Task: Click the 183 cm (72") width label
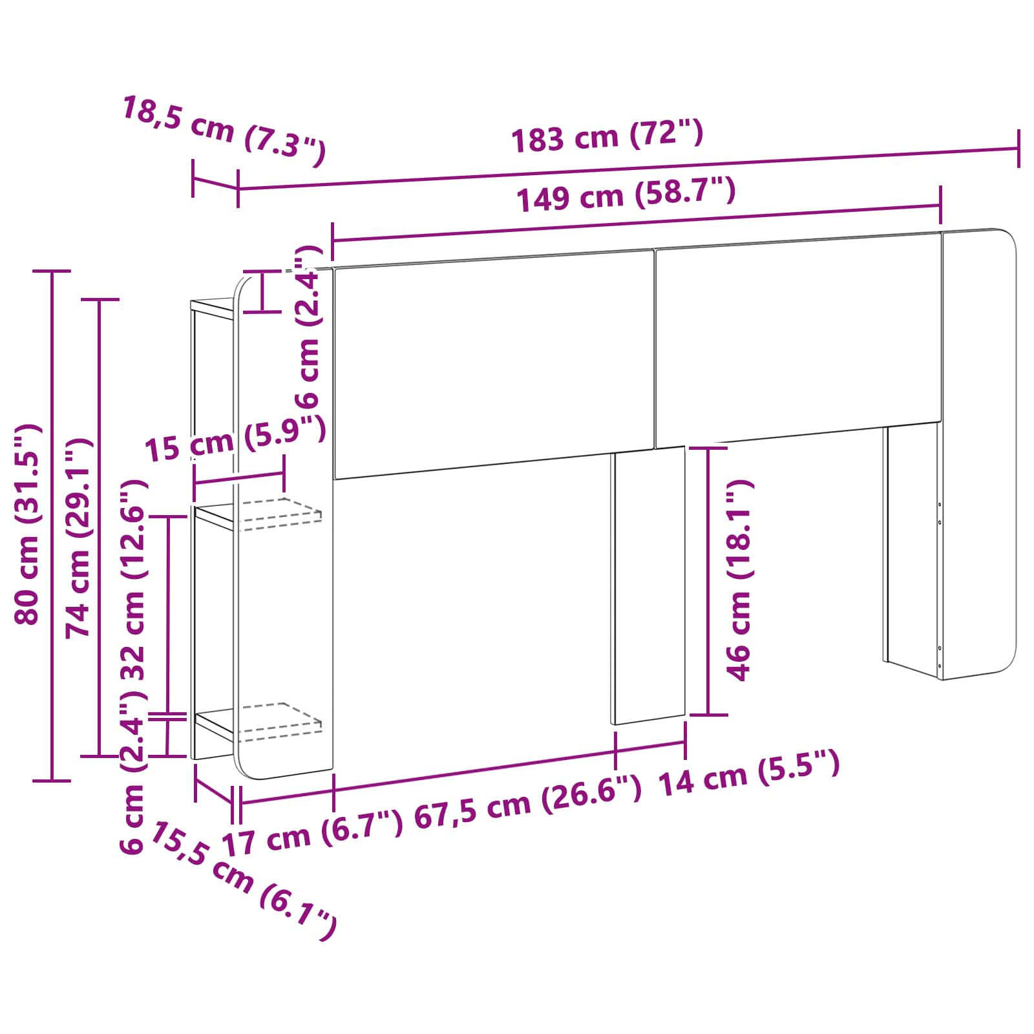pos(607,136)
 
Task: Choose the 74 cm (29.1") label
pos(79,538)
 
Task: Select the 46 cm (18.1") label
pos(739,580)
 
